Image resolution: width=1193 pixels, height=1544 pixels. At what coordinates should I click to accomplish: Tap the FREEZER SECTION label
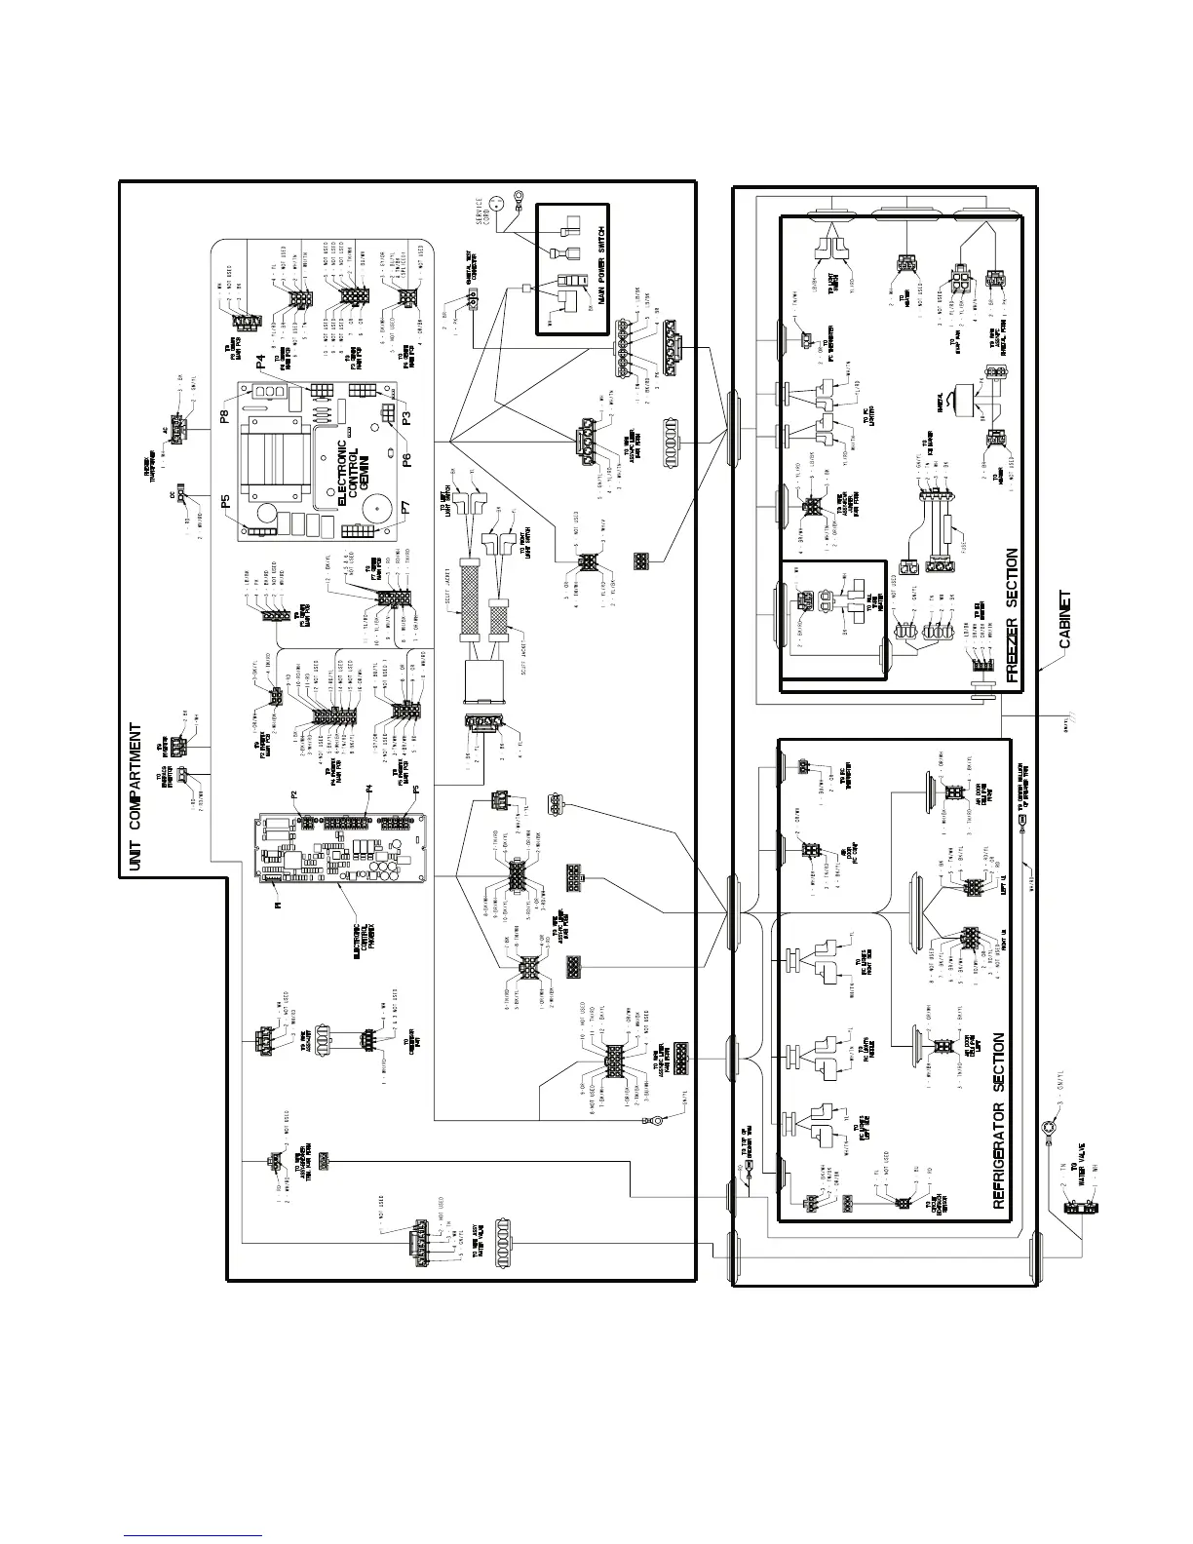click(x=1012, y=615)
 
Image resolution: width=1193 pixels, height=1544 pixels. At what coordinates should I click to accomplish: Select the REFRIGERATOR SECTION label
click(x=1001, y=1120)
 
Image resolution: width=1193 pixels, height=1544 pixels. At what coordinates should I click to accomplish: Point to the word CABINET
click(x=1065, y=621)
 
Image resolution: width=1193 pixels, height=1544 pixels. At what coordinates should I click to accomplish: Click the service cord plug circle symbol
click(x=497, y=202)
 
